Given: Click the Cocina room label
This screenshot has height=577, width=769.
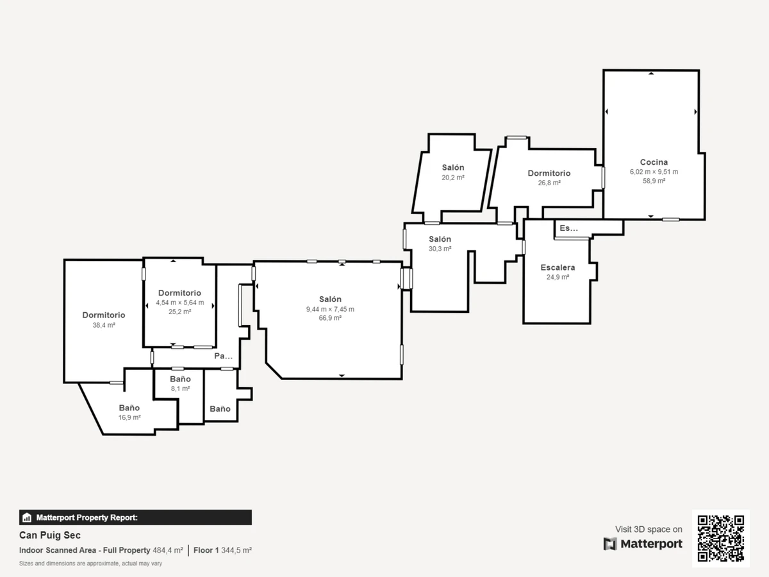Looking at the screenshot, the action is pos(654,162).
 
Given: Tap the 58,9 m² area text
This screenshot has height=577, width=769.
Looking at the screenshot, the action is pos(654,181).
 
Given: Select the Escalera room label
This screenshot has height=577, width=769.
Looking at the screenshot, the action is pos(558,267).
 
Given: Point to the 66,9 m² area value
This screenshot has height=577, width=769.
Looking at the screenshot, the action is pos(330,318).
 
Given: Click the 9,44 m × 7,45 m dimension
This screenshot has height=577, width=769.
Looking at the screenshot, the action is pos(330,309).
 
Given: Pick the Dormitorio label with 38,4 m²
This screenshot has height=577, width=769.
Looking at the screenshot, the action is pos(104,315).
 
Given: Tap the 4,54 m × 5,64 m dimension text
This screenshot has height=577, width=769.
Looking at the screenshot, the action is pos(179,303).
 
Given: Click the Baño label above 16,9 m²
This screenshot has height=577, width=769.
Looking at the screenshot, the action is pos(129,408).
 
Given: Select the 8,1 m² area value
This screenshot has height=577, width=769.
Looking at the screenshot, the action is pos(181,389).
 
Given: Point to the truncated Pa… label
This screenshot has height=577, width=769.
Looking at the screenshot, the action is pos(223,356).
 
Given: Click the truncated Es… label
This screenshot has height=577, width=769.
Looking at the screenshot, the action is pos(568,228).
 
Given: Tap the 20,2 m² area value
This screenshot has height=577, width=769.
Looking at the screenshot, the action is pos(453,178).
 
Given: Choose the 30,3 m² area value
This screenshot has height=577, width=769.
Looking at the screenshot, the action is pos(440,249).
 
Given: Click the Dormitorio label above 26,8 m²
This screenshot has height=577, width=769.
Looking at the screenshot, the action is pos(549,173).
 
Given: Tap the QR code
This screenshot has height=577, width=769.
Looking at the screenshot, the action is pos(721,539).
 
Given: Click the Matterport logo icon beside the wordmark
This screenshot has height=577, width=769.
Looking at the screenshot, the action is pos(610,544).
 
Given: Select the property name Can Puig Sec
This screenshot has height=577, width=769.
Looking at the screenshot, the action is pos(50,535).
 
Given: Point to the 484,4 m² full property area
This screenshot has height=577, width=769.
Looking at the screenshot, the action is pos(168,550).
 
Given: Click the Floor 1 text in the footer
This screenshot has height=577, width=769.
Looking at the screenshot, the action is pos(206,550).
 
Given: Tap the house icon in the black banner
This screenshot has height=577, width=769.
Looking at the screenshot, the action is pos(27,517).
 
